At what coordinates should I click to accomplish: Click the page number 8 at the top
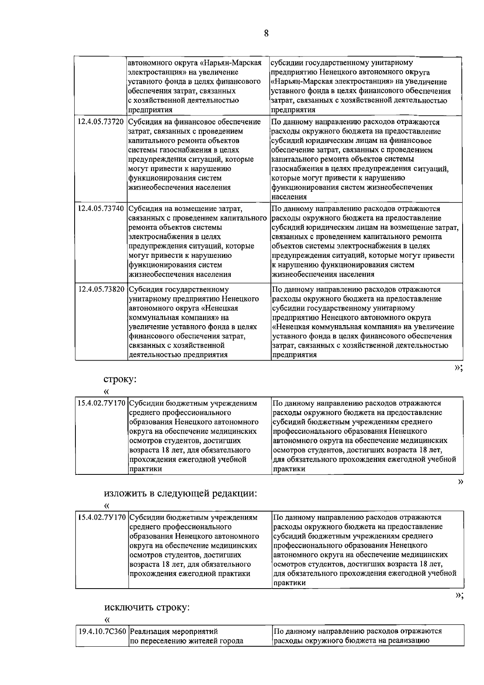[266, 33]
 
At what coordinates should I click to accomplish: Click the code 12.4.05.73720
[101, 122]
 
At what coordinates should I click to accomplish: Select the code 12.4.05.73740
[101, 209]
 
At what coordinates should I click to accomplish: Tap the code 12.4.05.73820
[101, 290]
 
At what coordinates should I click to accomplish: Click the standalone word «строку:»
[120, 380]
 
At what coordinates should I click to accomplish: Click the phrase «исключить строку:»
[147, 607]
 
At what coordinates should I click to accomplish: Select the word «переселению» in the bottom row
[159, 641]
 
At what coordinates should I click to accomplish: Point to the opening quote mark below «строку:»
[106, 391]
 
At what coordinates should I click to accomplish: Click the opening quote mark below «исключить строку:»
[106, 618]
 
